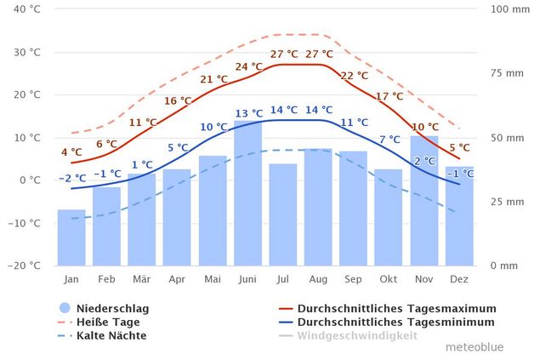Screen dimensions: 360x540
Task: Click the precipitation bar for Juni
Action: pyautogui.click(x=247, y=193)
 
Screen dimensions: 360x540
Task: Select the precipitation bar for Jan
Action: pyautogui.click(x=71, y=237)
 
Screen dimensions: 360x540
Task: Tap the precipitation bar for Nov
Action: pyautogui.click(x=424, y=201)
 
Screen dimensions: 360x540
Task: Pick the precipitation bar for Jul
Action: pyautogui.click(x=282, y=214)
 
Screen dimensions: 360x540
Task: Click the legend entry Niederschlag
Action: pyautogui.click(x=106, y=308)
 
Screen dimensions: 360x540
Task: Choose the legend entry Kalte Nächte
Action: pyautogui.click(x=111, y=335)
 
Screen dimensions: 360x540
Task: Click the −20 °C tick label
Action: pyautogui.click(x=25, y=266)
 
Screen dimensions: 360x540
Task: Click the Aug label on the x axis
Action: pyautogui.click(x=318, y=278)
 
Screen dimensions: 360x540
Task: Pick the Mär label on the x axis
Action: pyautogui.click(x=141, y=278)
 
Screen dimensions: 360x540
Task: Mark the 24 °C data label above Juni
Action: pyautogui.click(x=248, y=66)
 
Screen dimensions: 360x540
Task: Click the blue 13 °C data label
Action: pyautogui.click(x=248, y=113)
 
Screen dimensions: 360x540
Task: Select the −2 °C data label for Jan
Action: pyautogui.click(x=72, y=178)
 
